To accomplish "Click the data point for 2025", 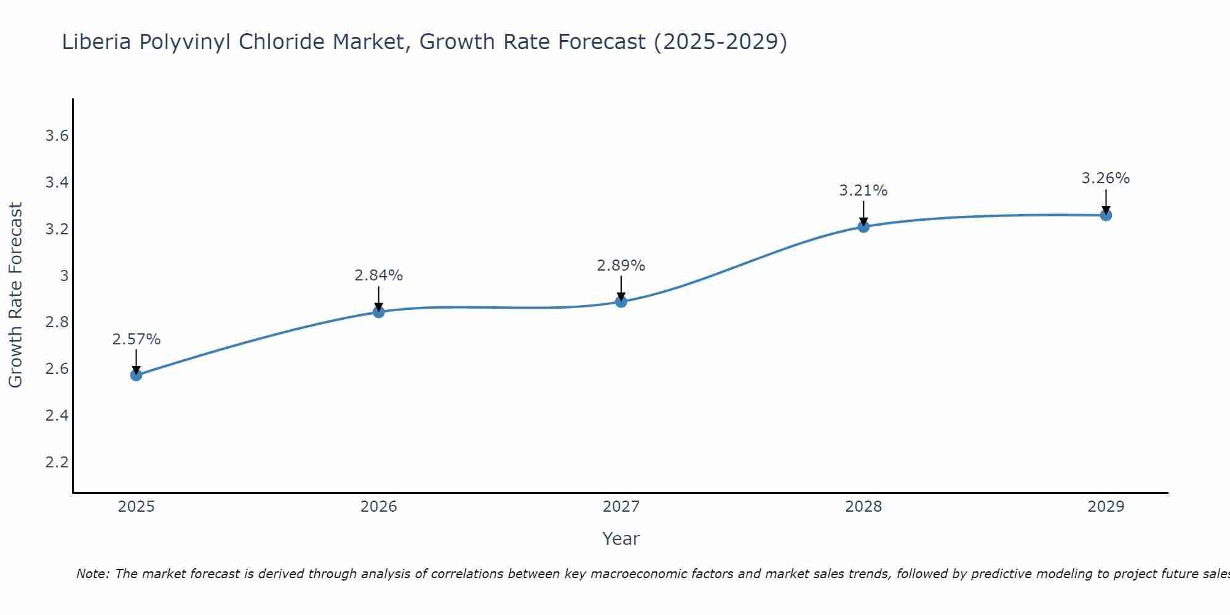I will (136, 375).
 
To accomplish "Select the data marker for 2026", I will (378, 312).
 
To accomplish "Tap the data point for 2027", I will (621, 301).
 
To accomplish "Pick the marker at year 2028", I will (863, 226).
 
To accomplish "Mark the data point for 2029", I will (1106, 215).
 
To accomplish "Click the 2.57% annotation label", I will (136, 339).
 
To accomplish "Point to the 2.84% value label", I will (378, 276).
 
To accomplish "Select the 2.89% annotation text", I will (621, 266).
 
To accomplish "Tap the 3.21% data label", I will (863, 191).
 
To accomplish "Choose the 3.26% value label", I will (1106, 178).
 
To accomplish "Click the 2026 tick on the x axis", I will (378, 507).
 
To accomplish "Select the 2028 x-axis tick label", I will (863, 507).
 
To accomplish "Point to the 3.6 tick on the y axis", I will (57, 136).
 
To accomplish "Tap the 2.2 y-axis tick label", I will (57, 462).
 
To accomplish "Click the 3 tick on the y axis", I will (64, 276).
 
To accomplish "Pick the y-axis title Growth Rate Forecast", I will (16, 295).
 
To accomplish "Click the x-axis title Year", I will (621, 539).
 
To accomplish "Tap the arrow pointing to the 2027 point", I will (621, 288).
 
